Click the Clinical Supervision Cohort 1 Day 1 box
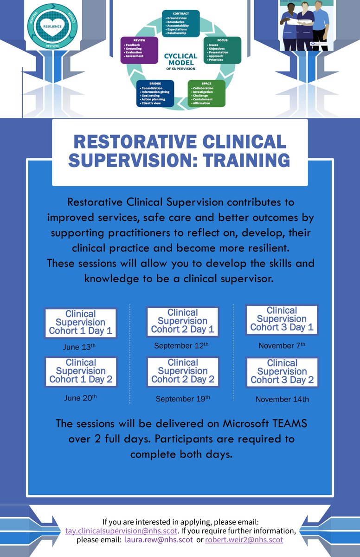coord(80,323)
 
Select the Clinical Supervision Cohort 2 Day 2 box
coord(183,371)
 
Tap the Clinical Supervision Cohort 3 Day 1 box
coord(282,319)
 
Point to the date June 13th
coord(79,347)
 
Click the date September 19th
coord(183,399)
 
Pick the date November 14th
coord(282,399)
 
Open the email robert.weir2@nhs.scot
coord(244,540)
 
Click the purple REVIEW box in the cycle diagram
coord(139,50)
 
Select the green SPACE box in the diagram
coord(206,94)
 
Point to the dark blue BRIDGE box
coord(155,94)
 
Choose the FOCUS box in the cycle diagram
coord(223,50)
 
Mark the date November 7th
coord(282,346)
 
